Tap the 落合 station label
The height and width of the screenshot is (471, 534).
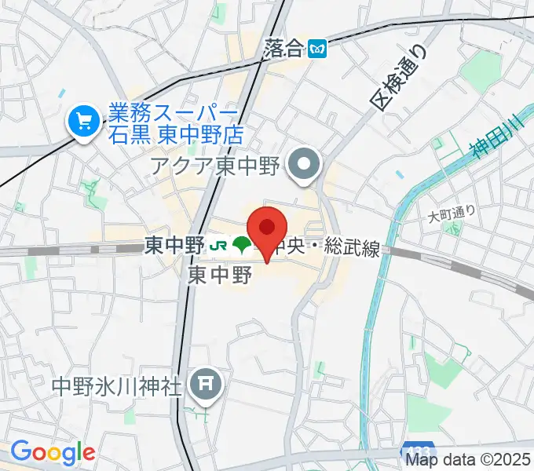coord(283,49)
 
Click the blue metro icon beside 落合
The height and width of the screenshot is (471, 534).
coord(318,49)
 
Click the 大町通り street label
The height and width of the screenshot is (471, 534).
coord(452,214)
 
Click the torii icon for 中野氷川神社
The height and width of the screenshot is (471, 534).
coord(206,385)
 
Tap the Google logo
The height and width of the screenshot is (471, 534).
coord(52,452)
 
